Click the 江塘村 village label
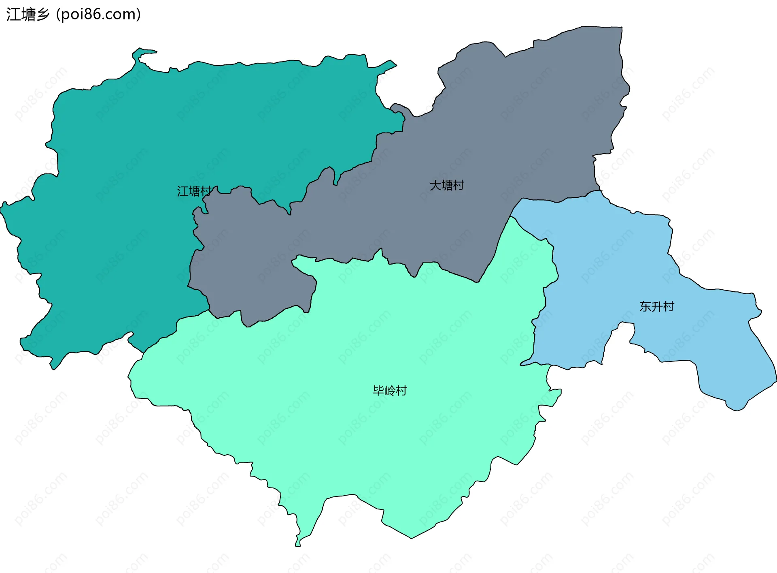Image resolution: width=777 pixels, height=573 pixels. point(194,191)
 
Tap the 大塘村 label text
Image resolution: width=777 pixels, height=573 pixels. point(447,186)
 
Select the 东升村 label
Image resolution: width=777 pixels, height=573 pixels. point(657,307)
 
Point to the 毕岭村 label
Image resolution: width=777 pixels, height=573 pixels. point(390,391)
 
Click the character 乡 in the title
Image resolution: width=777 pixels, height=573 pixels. point(42,15)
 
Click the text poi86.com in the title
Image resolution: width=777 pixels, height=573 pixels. point(98,15)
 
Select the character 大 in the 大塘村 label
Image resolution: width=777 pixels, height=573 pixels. point(435,186)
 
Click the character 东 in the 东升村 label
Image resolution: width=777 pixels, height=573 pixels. point(645,307)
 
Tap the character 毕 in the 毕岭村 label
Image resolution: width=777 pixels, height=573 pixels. point(378,391)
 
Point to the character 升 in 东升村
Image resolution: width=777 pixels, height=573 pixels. point(657,307)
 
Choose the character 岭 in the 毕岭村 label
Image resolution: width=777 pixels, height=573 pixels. point(390,391)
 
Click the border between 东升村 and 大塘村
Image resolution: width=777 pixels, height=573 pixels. point(558,201)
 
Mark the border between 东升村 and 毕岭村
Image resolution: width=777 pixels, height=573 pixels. point(545,292)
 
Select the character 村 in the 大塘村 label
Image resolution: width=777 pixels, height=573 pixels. point(459,186)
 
